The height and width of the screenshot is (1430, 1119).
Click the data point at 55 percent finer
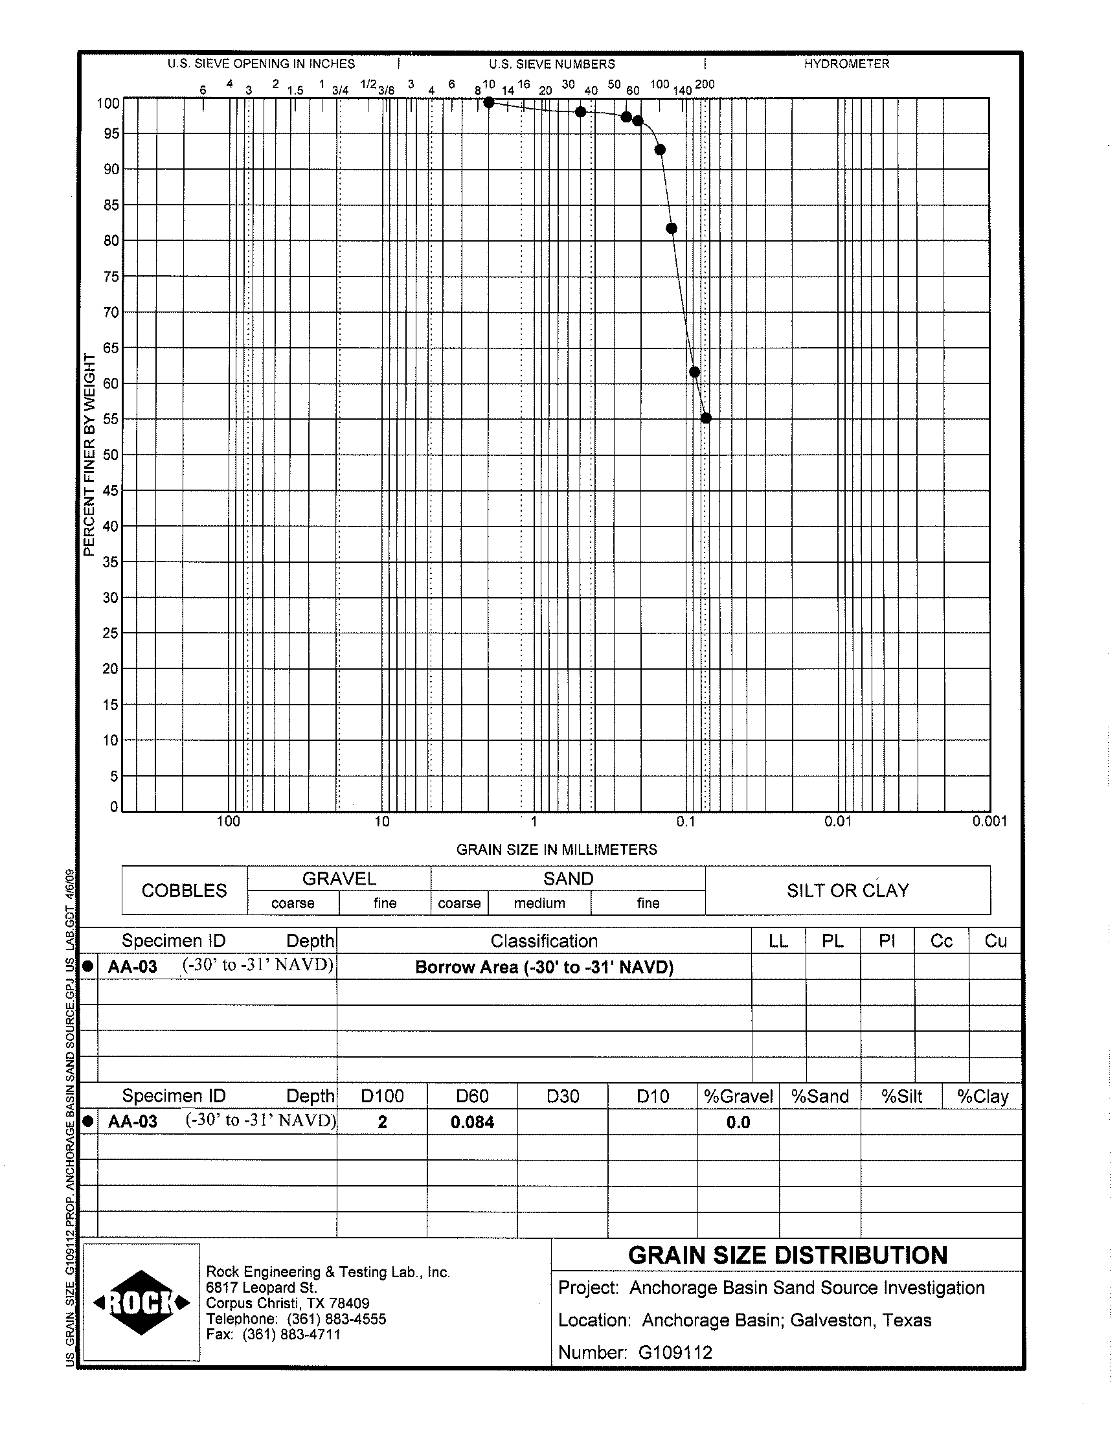tap(706, 418)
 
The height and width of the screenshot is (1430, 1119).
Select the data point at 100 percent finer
tap(489, 102)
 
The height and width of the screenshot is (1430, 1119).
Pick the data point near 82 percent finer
tap(671, 228)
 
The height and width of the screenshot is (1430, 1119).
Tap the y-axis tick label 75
tap(111, 277)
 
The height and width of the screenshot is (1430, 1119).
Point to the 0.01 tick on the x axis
tap(837, 821)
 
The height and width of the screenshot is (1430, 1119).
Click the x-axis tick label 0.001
tap(989, 821)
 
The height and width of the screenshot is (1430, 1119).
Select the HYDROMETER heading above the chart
tap(846, 64)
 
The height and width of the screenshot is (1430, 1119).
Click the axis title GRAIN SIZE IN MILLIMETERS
tap(556, 850)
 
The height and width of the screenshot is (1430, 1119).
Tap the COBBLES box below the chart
tap(184, 891)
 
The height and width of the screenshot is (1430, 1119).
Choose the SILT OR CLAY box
tap(848, 891)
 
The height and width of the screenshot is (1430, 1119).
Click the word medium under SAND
tap(539, 903)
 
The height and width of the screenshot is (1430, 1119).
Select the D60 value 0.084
tap(471, 1122)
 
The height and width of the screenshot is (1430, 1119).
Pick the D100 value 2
tap(382, 1122)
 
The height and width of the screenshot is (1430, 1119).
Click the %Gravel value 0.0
tap(738, 1122)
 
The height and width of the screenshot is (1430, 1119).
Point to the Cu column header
tap(995, 941)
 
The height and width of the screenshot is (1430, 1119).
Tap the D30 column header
tap(562, 1096)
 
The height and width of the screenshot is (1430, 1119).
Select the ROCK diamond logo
tap(142, 1302)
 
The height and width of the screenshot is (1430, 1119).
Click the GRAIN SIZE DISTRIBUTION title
tap(787, 1255)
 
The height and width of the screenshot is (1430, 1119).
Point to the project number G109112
tap(674, 1352)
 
